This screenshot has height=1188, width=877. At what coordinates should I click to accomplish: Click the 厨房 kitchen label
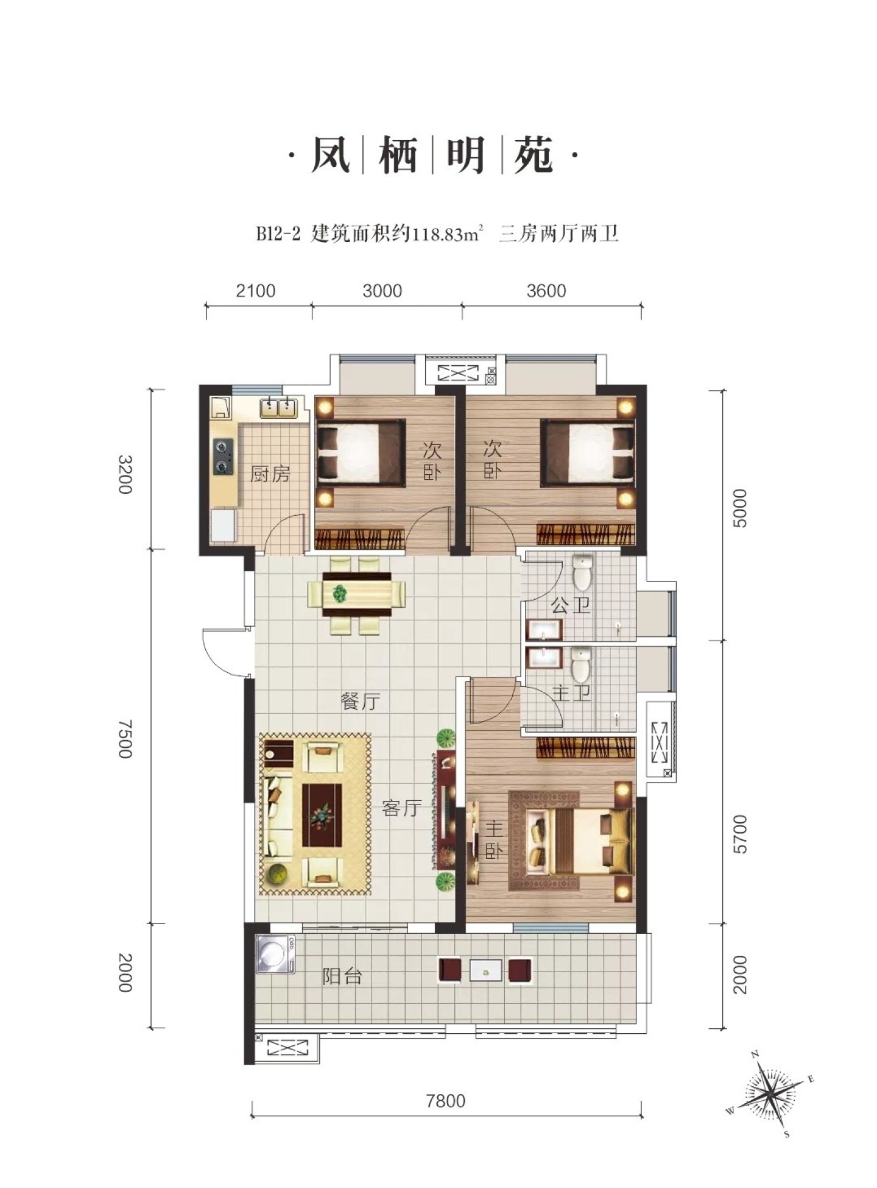click(x=270, y=474)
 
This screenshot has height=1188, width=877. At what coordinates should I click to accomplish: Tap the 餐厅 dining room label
click(x=361, y=701)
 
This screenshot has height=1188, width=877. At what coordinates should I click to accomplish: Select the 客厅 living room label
click(x=402, y=808)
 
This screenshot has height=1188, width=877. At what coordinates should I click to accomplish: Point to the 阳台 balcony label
click(x=342, y=976)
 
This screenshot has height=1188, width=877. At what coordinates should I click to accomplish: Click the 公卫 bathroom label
click(x=571, y=605)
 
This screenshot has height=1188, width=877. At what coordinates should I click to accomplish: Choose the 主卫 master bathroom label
click(x=571, y=692)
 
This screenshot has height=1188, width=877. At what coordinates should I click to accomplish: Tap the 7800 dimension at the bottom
click(x=446, y=1101)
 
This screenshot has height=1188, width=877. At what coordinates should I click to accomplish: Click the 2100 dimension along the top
click(x=256, y=291)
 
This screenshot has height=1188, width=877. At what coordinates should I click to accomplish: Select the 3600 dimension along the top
click(x=546, y=291)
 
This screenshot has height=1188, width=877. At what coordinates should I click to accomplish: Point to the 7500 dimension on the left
click(x=124, y=738)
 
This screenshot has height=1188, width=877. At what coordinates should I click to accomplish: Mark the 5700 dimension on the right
click(x=740, y=834)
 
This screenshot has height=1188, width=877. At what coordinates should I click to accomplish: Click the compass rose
click(x=770, y=1093)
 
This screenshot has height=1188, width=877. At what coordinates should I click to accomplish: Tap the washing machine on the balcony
click(x=275, y=954)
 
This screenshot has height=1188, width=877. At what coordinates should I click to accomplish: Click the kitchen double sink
click(x=279, y=407)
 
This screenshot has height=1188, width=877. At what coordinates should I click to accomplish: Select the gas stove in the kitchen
click(x=223, y=457)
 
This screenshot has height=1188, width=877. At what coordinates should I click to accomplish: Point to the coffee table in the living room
click(x=322, y=815)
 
